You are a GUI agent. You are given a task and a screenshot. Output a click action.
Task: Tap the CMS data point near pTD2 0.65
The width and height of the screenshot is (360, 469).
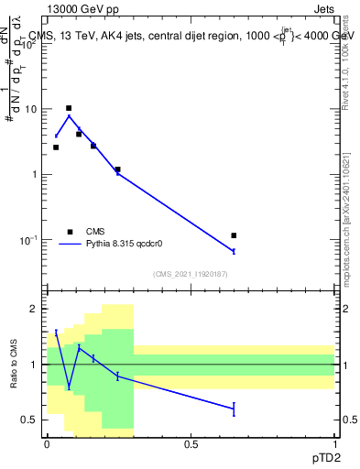(x=235, y=236)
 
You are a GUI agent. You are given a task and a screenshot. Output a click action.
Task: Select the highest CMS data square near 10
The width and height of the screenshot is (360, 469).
(x=69, y=108)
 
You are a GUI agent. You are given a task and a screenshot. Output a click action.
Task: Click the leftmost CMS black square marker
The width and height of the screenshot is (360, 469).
(x=56, y=147)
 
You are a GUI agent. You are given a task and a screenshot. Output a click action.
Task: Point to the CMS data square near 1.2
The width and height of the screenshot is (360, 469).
(x=117, y=169)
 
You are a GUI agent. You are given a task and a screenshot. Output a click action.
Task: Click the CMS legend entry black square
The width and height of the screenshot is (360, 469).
(x=69, y=232)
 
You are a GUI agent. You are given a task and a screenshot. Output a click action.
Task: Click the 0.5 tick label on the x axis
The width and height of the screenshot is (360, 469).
(x=191, y=444)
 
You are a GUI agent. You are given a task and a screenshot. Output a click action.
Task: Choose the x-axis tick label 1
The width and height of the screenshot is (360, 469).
(x=334, y=444)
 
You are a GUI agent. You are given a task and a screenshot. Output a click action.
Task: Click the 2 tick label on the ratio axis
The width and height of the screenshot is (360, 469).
(x=35, y=309)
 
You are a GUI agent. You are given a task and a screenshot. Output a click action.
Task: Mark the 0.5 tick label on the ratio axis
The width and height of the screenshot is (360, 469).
(x=30, y=420)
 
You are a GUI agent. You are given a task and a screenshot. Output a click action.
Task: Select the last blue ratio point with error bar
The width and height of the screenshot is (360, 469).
(x=235, y=409)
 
